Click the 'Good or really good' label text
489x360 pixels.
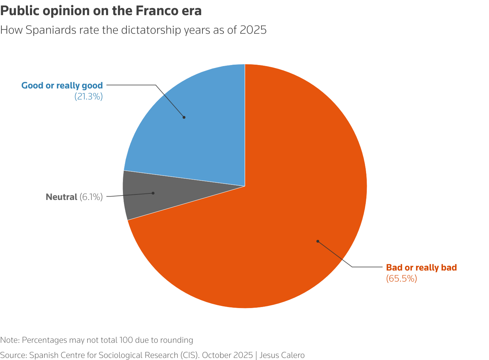(62, 85)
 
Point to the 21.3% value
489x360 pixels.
(89, 97)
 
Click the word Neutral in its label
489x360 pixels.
(61, 197)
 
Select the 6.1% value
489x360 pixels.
(91, 197)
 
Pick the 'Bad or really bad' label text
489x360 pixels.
(421, 267)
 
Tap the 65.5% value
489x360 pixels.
(402, 278)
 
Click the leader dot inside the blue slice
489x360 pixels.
(184, 117)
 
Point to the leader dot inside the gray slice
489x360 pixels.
(153, 193)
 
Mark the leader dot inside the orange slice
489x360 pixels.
(318, 241)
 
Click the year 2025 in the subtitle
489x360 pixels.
(253, 30)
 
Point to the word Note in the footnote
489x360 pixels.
(9, 340)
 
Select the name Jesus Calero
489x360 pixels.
(282, 355)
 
